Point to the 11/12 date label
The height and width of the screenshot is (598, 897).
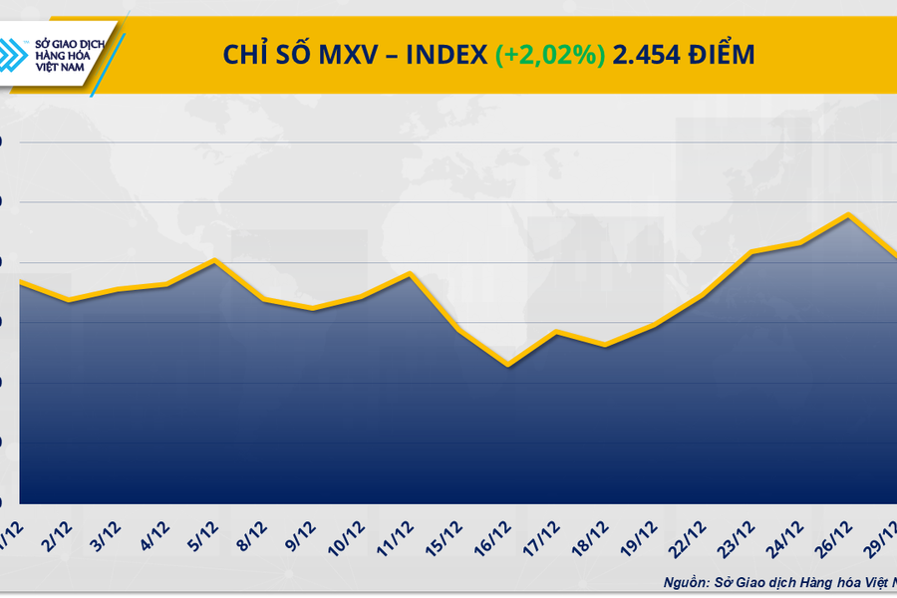[x=397, y=537]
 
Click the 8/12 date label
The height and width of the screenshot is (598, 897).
[x=250, y=537]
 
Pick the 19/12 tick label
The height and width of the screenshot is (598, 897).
[x=642, y=537]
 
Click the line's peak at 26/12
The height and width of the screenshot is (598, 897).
[x=848, y=214]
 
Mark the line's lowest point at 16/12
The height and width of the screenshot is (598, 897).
[x=508, y=365]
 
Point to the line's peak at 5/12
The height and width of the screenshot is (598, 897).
[x=214, y=260]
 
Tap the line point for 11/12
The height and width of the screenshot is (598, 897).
[x=410, y=273]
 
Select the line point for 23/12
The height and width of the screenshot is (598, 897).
[x=751, y=252]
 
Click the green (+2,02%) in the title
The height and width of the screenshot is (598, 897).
[x=550, y=55]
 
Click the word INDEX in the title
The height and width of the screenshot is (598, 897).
[x=447, y=55]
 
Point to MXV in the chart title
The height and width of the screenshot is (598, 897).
[x=353, y=55]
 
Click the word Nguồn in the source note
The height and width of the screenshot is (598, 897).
[x=688, y=582]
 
